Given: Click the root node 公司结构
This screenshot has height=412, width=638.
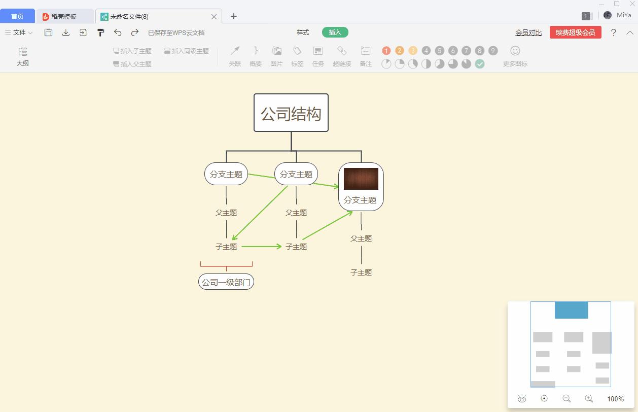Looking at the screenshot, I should tap(291, 113).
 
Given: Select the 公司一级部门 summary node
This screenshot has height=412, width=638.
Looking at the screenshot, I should tap(226, 282).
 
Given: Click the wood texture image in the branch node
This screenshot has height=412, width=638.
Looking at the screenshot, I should tap(361, 179).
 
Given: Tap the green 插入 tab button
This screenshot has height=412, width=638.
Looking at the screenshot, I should tap(335, 32).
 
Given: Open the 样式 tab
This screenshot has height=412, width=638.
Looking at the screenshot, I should tap(303, 32).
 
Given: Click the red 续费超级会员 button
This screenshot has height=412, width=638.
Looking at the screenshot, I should tap(575, 32).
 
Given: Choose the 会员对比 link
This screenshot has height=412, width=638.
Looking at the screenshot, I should tap(528, 32).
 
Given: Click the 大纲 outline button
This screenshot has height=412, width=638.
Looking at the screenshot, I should tap(22, 56).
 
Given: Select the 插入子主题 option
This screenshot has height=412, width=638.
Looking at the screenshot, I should tap(132, 51).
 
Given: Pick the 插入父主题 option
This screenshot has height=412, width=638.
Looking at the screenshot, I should tap(132, 64).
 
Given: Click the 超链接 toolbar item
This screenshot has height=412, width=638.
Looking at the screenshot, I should tap(342, 56).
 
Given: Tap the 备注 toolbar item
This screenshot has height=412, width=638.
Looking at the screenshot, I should tap(366, 56).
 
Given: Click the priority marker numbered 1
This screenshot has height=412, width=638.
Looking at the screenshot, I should tap(386, 51).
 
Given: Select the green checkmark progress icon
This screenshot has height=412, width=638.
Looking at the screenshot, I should tap(480, 64).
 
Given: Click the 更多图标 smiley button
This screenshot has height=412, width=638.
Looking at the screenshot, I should tap(515, 56).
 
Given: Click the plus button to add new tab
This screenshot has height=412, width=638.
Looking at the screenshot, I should tap(233, 16).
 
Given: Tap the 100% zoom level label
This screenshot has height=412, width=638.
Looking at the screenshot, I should tap(615, 399).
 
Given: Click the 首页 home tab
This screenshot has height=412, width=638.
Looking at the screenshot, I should tap(17, 16).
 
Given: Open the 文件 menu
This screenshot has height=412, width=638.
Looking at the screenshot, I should tap(19, 32).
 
